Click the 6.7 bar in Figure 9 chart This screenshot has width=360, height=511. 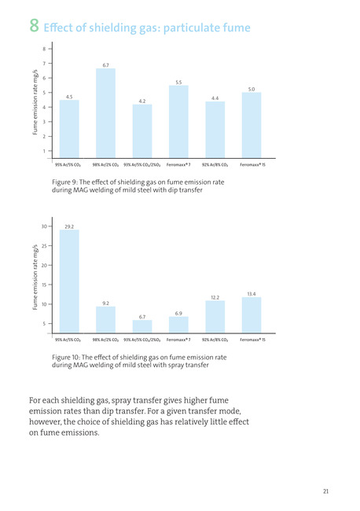pos(105,113)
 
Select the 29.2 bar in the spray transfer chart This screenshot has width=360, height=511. pos(69,281)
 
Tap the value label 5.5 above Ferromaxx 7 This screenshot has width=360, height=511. pos(178,83)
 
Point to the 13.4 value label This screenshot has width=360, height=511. pos(252,294)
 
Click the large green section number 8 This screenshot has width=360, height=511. pos(35,25)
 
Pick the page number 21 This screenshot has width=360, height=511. pos(325,491)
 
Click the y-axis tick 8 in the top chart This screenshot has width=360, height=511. pos(44,49)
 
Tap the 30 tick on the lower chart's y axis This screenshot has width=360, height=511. pos(44,226)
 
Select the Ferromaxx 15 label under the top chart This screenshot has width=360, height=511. pos(252,164)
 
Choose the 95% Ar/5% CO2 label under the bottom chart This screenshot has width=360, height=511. pos(68,340)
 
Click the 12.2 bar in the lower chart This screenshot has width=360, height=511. pos(215,317)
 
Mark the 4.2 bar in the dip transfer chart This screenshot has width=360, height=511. pos(142,131)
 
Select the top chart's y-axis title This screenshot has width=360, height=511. pos(35,102)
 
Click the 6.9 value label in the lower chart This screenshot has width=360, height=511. pos(178,313)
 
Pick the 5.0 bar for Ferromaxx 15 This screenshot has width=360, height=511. pos(252,125)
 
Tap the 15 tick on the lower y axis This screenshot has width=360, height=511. pos(44,285)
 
